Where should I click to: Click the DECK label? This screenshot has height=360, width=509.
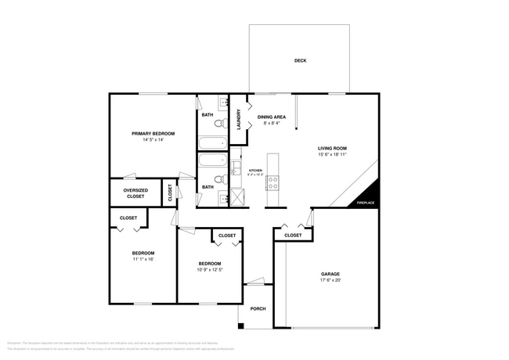pos(300,61)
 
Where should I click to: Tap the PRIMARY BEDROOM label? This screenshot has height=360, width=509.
pos(153,134)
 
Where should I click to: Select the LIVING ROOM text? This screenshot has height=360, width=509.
pos(332,148)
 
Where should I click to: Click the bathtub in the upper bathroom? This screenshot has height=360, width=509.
pos(211,143)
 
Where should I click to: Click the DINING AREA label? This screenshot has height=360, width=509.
pos(272,117)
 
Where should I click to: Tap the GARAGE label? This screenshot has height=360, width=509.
pos(330,274)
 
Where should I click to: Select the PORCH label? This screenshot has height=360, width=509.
pos(258,308)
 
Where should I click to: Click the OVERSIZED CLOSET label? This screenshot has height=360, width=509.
pos(135,193)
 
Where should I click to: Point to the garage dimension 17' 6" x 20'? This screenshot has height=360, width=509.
pos(330,280)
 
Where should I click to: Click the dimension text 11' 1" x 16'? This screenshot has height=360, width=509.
pos(143,259)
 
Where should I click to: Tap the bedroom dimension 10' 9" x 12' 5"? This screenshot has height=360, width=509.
pos(209,270)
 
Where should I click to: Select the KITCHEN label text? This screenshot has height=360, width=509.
pos(255,170)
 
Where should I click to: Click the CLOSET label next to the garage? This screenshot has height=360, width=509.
pos(293,235)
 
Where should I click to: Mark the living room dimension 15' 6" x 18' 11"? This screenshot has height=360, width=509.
pos(332,154)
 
